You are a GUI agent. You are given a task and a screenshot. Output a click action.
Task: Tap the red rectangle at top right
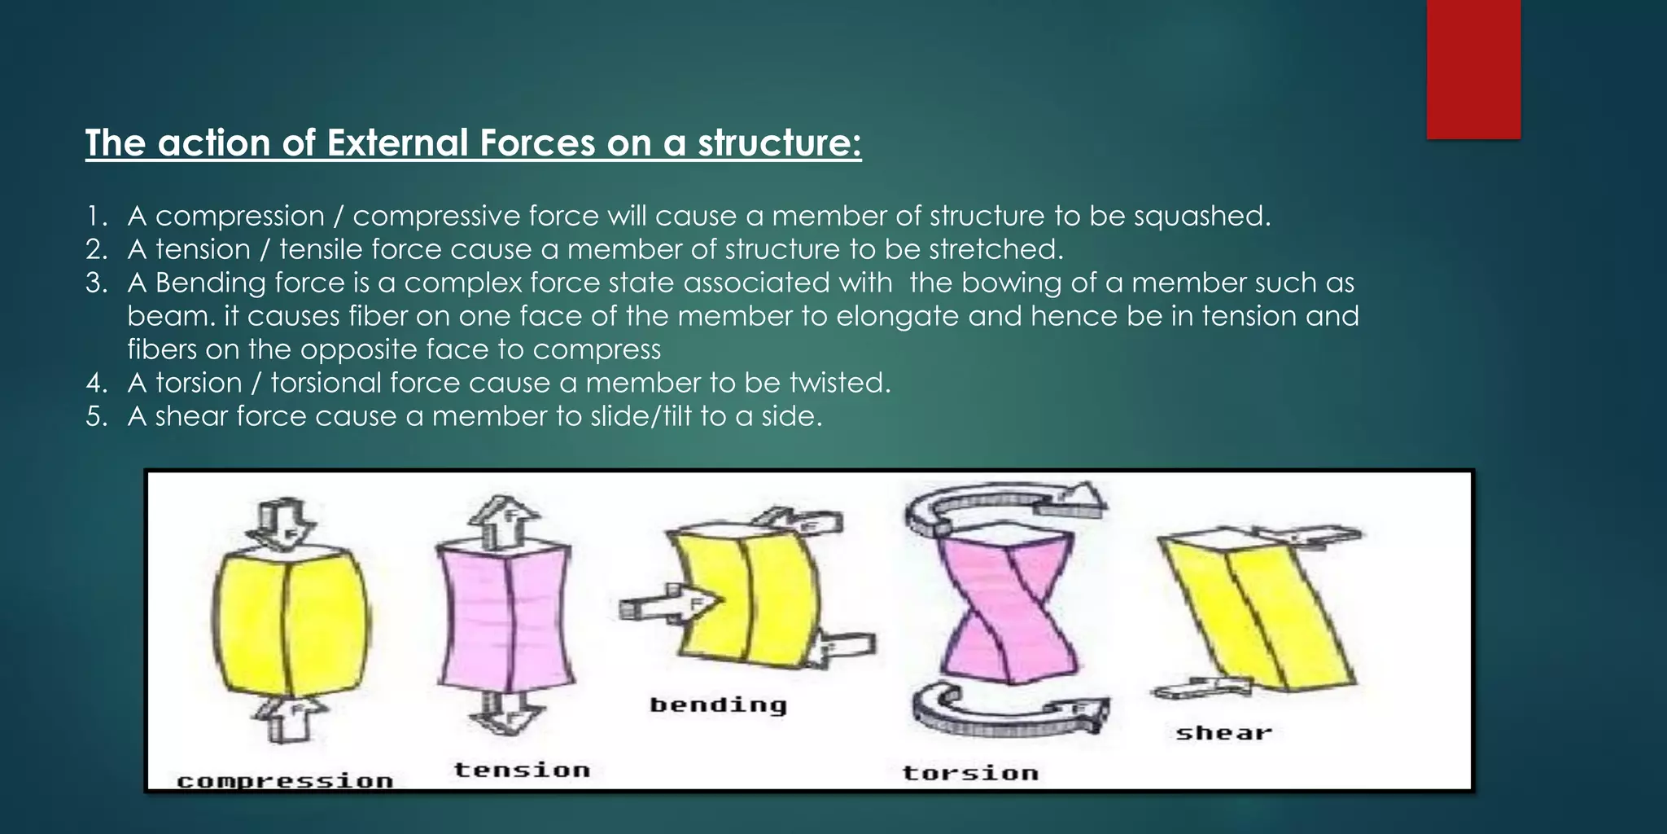pos(1473,68)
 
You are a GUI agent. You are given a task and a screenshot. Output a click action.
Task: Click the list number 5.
pos(96,417)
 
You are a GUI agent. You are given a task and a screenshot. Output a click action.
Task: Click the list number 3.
pos(96,283)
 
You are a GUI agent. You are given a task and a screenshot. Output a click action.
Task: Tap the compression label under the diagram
pos(285,781)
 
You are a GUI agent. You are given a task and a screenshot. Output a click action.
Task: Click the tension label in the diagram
pos(522,770)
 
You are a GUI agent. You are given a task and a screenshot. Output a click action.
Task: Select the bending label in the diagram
pos(718,705)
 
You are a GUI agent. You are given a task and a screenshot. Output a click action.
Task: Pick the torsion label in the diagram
pos(970,772)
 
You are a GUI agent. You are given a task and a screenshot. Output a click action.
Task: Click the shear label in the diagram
pos(1223,733)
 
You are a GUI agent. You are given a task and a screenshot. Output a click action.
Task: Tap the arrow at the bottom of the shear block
pos(1201,688)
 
